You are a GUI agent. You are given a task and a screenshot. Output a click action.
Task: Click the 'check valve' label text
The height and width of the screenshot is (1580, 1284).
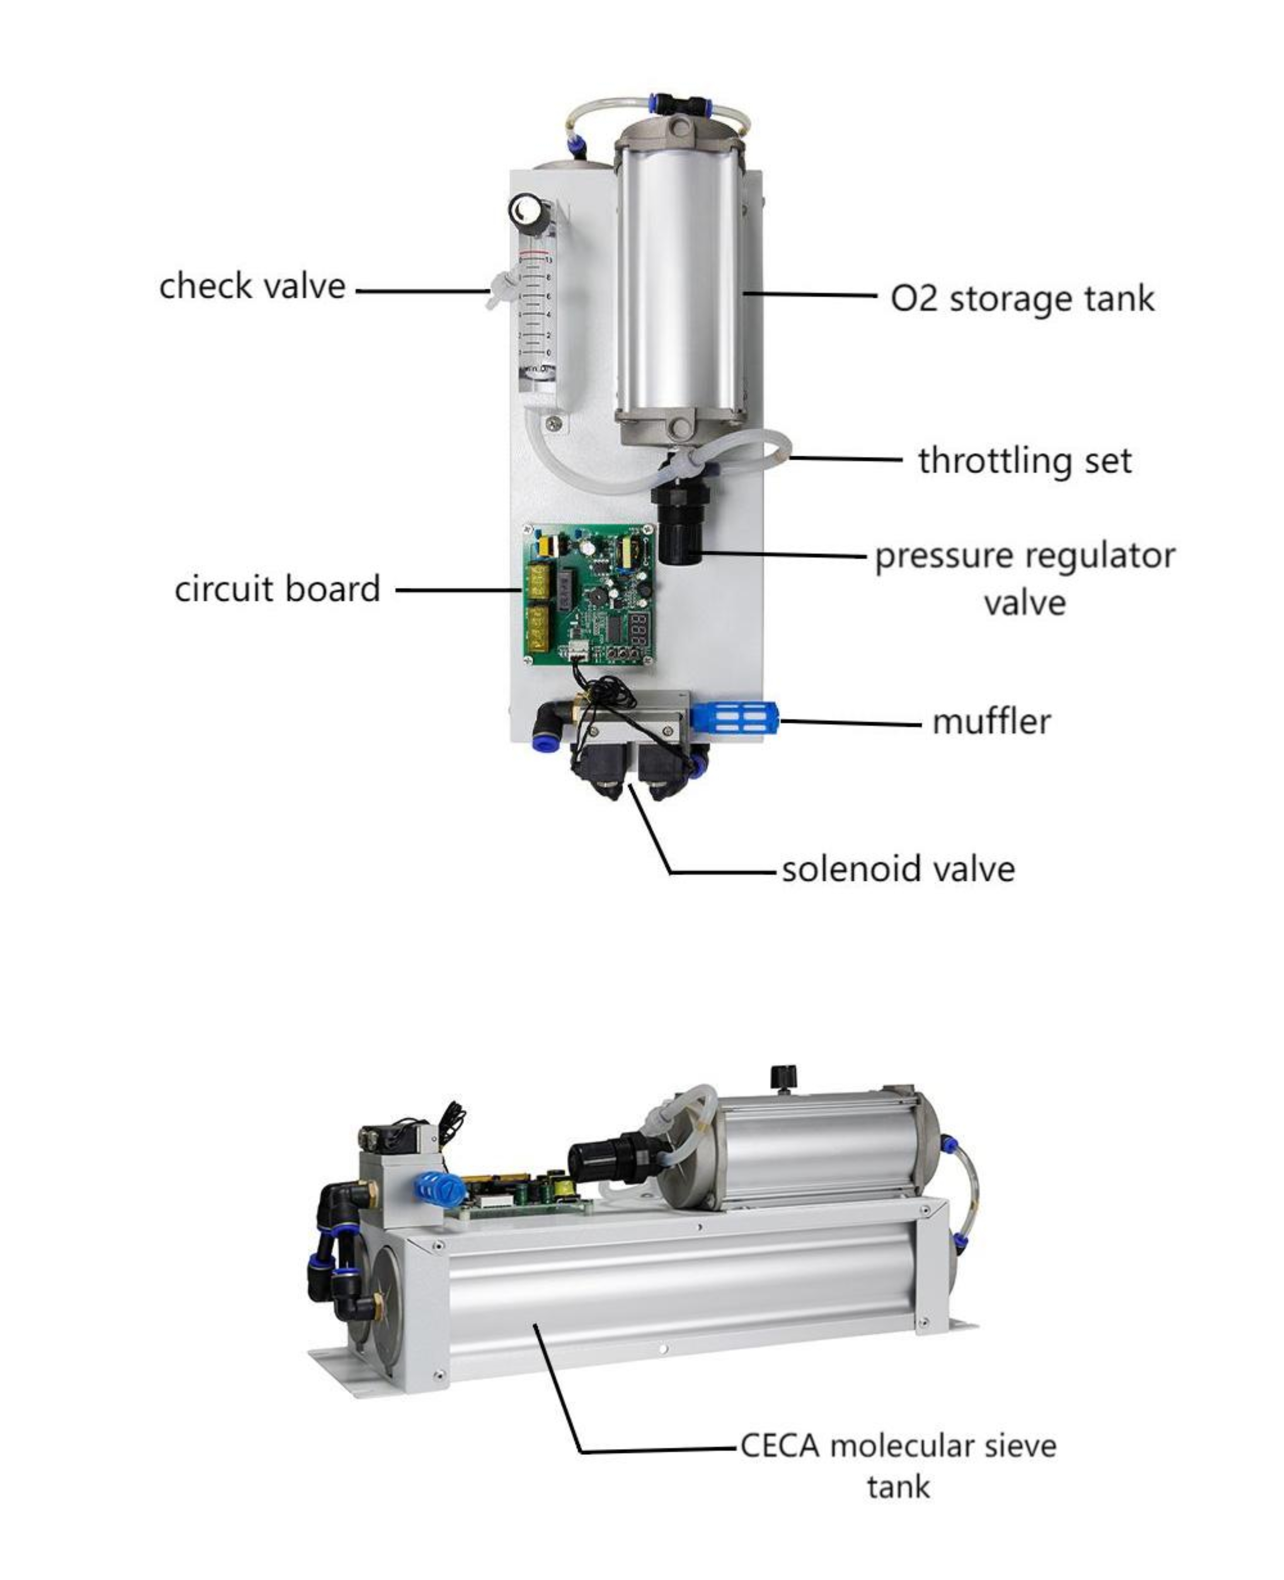(252, 286)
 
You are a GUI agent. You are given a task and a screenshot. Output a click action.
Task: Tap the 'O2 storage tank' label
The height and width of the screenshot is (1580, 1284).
(1022, 299)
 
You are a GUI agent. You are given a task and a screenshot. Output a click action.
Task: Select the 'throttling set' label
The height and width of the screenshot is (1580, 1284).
(1024, 461)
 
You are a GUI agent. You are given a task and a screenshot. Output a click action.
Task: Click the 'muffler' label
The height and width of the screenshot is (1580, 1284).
(991, 721)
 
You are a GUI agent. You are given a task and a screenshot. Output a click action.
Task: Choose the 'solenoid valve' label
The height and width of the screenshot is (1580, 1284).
(898, 868)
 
